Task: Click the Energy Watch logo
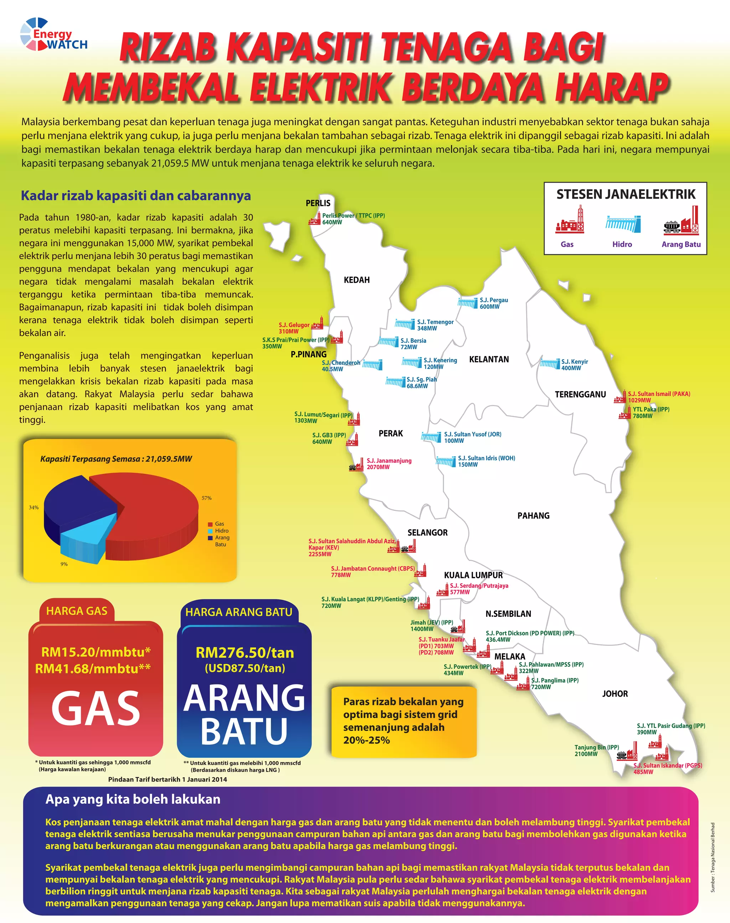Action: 53,34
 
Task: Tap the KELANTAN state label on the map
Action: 489,359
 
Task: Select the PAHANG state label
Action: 533,515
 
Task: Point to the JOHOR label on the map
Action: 615,693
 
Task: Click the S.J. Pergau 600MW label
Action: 493,303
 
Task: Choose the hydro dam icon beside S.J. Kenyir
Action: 549,364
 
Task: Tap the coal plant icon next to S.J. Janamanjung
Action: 356,466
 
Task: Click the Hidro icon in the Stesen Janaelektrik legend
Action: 622,224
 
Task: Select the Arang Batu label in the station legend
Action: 681,244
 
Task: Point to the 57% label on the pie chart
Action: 206,498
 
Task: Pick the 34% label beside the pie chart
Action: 34,507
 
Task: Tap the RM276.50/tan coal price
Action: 245,653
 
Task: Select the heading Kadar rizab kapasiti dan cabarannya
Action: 135,195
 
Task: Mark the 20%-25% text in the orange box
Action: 366,740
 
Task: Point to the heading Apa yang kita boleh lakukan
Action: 133,799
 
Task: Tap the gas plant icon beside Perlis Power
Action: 315,219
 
